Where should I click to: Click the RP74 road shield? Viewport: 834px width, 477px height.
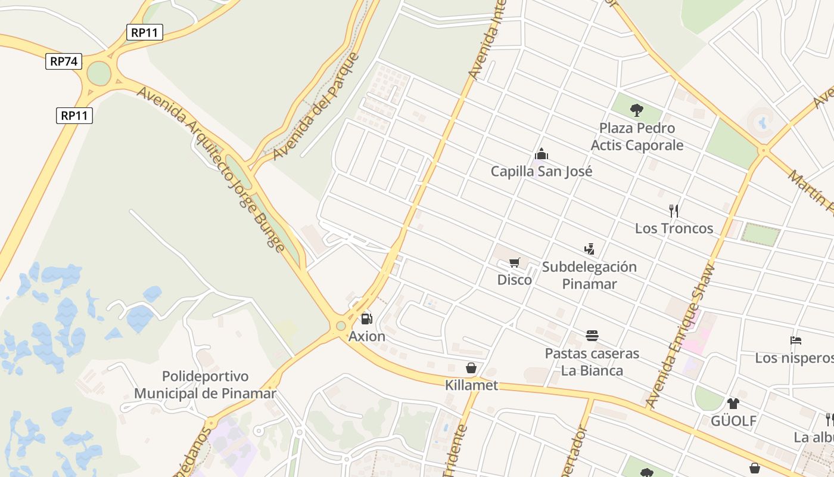[x=64, y=61]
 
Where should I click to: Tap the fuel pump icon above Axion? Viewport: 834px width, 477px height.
[x=366, y=319]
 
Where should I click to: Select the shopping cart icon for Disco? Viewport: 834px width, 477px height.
[x=515, y=263]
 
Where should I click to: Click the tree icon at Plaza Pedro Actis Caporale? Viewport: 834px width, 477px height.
[x=637, y=110]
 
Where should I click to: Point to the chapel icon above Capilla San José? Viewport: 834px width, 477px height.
[x=541, y=154]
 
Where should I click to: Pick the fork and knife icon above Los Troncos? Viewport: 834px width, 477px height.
[x=674, y=210]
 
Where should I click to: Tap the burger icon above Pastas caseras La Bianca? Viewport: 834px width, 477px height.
[x=592, y=336]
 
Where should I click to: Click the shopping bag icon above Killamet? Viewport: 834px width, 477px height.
[x=471, y=368]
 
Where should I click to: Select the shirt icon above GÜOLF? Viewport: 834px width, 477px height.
[x=733, y=404]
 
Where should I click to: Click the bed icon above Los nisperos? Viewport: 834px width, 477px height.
[x=795, y=340]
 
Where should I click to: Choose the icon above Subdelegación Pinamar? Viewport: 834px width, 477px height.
[x=589, y=249]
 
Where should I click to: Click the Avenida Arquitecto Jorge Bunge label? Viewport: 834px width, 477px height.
[x=211, y=169]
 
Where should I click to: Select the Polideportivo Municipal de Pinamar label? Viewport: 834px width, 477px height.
[x=205, y=385]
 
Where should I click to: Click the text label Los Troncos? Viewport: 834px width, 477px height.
[x=674, y=228]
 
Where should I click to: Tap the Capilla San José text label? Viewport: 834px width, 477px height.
[x=541, y=172]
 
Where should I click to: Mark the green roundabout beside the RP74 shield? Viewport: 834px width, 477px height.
[x=99, y=74]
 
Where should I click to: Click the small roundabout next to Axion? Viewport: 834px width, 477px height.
[x=341, y=326]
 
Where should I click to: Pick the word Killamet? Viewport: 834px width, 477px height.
[x=471, y=385]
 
